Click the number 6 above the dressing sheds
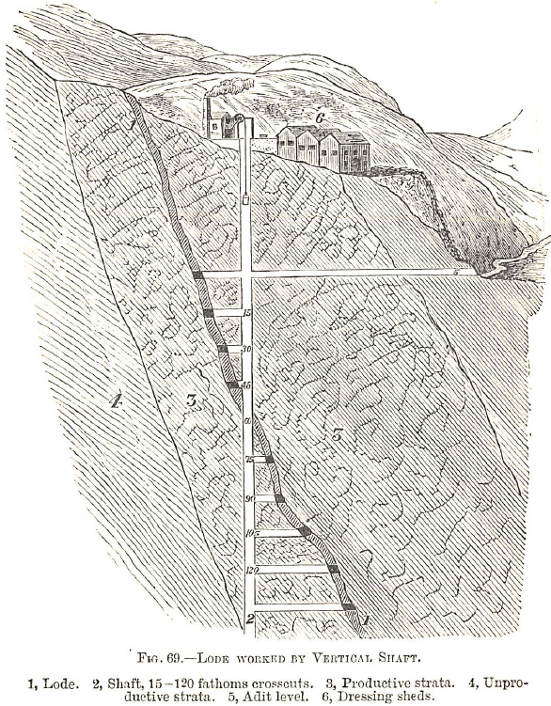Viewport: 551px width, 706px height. pyautogui.click(x=320, y=118)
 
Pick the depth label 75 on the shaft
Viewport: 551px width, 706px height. pyautogui.click(x=250, y=460)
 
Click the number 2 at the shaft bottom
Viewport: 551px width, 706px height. pyautogui.click(x=249, y=619)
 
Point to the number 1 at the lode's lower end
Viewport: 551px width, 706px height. pyautogui.click(x=366, y=618)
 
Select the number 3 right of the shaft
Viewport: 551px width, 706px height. pyautogui.click(x=336, y=434)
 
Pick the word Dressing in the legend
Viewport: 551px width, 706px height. pyautogui.click(x=407, y=696)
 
